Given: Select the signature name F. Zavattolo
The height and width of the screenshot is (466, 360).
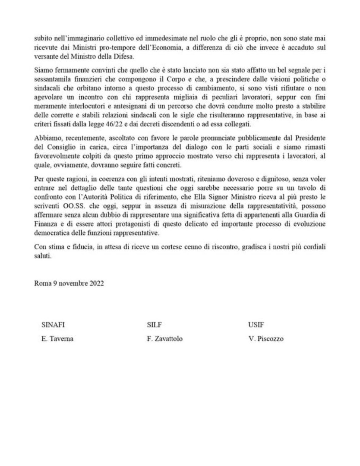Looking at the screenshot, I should (x=164, y=339).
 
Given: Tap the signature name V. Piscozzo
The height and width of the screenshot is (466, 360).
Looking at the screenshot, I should (x=263, y=339).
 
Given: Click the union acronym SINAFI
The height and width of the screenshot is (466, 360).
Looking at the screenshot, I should (x=53, y=325).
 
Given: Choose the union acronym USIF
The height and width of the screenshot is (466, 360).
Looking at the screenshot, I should (x=250, y=325).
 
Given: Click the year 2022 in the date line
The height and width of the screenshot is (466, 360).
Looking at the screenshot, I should (x=95, y=284).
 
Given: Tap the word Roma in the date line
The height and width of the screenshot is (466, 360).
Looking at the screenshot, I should (x=42, y=284).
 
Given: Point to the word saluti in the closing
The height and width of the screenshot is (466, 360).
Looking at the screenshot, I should (x=42, y=256).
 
